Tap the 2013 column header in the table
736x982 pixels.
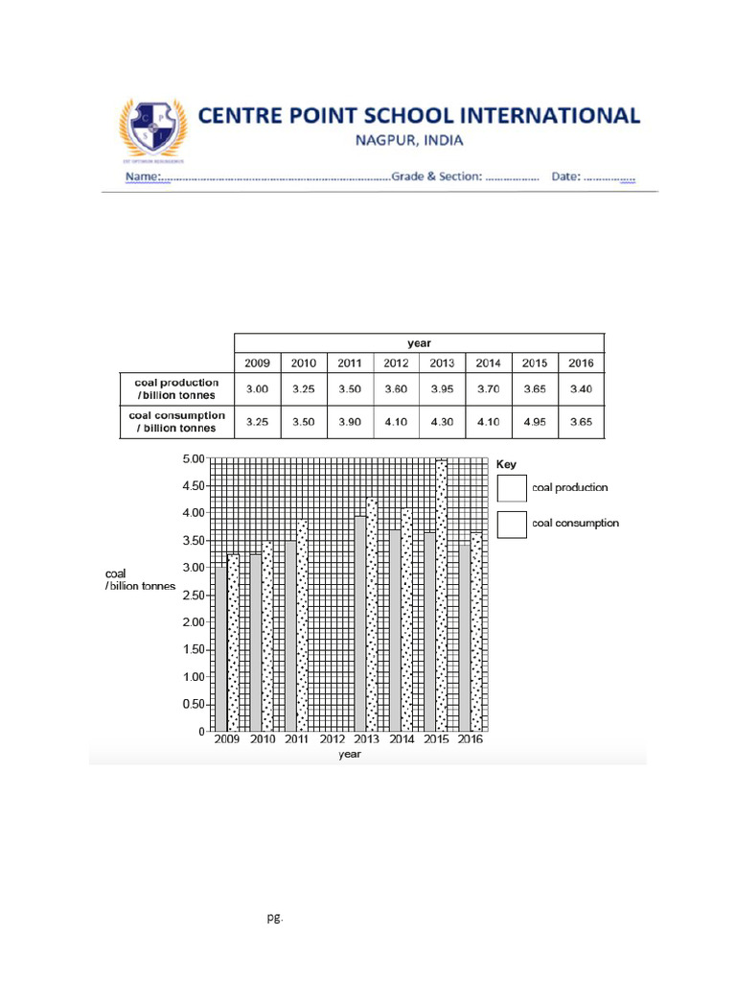[x=442, y=363]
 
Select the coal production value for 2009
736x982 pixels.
[x=257, y=389]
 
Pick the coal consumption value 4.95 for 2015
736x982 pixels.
[x=535, y=422]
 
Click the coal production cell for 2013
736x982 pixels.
[x=442, y=389]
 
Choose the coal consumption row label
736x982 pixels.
[x=176, y=422]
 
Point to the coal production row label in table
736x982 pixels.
[x=176, y=389]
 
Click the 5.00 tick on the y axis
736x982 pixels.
[x=193, y=459]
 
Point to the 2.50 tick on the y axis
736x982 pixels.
[x=193, y=596]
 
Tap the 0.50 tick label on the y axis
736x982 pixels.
[x=193, y=705]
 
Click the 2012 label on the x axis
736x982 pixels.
[x=332, y=740]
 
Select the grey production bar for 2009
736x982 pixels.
[x=220, y=649]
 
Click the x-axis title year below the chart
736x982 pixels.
[x=349, y=755]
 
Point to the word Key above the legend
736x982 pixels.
[x=506, y=464]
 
